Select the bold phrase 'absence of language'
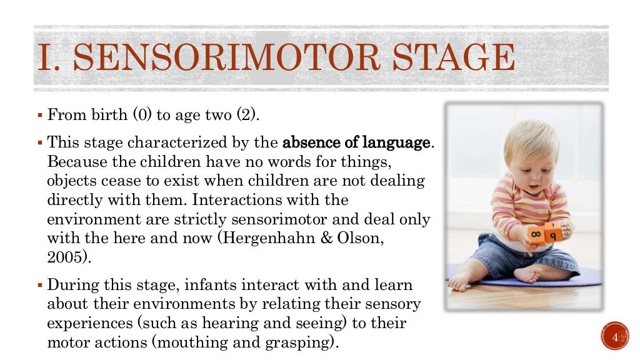point(356,142)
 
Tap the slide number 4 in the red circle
point(614,338)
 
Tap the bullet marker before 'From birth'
point(39,116)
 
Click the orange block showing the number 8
point(536,235)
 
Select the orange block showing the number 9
point(554,234)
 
